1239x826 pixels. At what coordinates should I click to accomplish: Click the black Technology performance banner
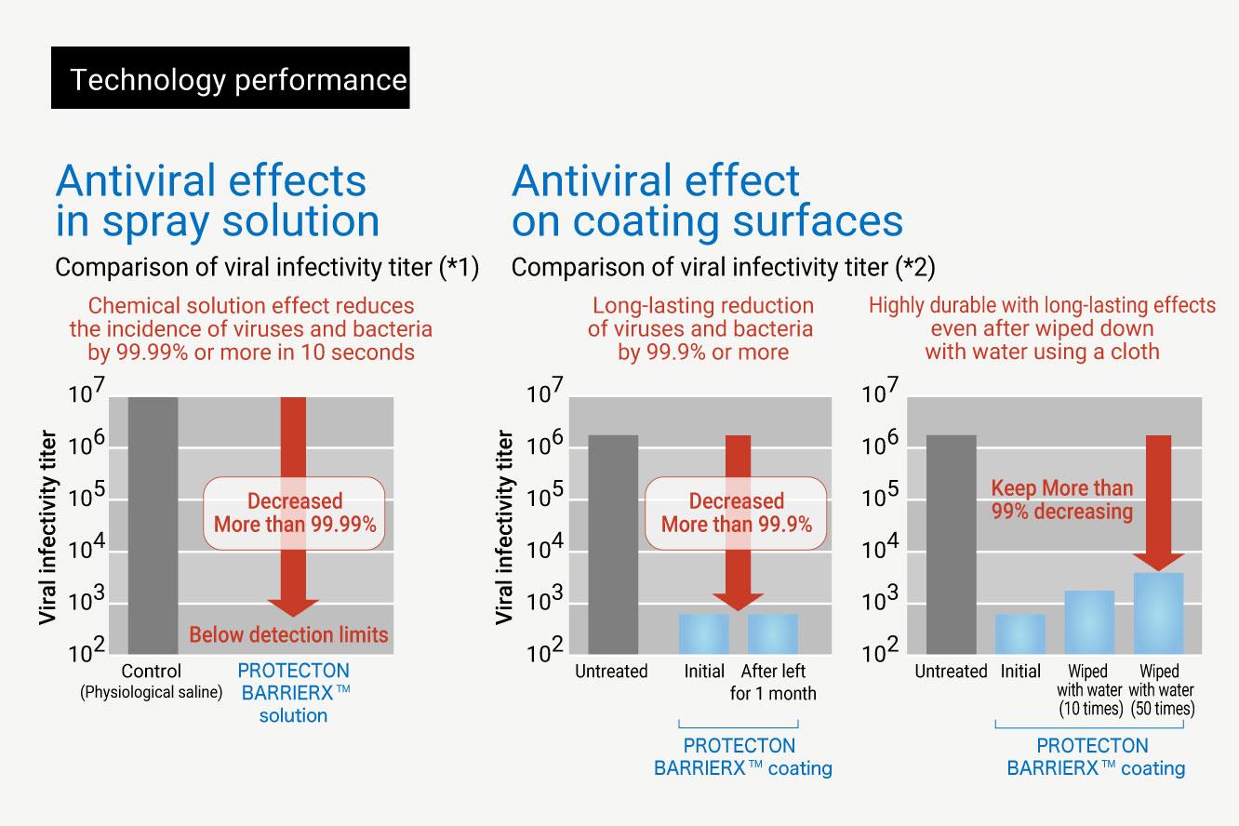[230, 81]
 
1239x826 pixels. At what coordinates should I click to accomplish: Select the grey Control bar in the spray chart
[153, 525]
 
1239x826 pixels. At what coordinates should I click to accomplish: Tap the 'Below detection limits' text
[288, 635]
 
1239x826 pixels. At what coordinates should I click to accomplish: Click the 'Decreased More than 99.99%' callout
[295, 513]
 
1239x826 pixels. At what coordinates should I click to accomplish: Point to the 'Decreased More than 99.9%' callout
[736, 513]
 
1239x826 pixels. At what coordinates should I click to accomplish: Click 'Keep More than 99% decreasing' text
[1061, 500]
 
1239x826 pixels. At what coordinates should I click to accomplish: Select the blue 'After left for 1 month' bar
[772, 633]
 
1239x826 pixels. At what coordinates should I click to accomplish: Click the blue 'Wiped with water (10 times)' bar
[1089, 621]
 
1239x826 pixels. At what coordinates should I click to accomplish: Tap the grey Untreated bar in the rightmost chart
[952, 543]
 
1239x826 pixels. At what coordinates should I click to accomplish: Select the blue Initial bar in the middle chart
[704, 633]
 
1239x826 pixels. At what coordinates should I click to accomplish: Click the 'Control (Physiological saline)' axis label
[151, 681]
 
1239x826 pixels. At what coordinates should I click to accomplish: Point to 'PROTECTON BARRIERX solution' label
[293, 693]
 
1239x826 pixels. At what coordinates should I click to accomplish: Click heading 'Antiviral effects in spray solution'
[218, 201]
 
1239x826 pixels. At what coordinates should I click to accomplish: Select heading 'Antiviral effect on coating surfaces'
[706, 201]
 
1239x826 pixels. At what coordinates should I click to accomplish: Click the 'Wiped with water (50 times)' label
[1161, 689]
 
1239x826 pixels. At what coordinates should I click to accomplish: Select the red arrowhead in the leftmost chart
[293, 606]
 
